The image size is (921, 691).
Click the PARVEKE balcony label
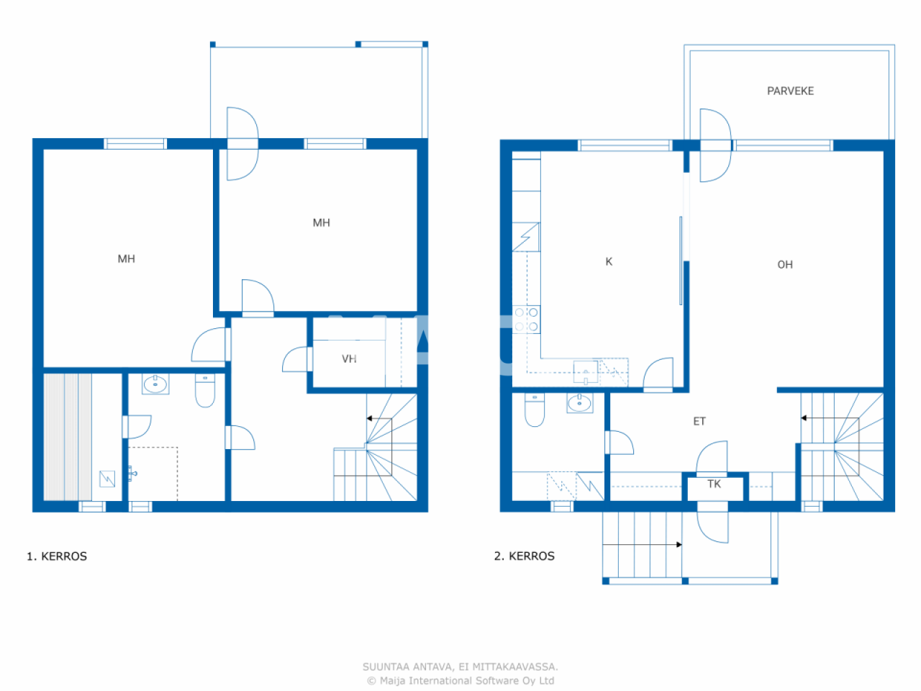tap(790, 91)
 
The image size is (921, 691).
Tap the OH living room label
tap(785, 264)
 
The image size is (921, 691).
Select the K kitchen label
tap(609, 261)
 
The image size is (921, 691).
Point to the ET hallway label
tap(699, 421)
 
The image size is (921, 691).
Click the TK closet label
tap(714, 484)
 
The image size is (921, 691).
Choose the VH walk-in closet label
tap(349, 358)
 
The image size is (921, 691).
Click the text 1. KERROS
tap(57, 556)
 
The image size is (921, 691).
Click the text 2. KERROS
tap(525, 556)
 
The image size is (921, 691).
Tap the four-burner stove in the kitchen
tap(527, 320)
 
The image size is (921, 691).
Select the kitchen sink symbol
tap(586, 373)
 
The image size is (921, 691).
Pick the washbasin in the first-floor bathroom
tap(155, 384)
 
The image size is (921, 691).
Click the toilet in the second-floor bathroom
tap(535, 410)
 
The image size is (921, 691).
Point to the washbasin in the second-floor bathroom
tap(580, 403)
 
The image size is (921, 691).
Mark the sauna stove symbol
tap(107, 478)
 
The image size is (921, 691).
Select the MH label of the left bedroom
tap(126, 258)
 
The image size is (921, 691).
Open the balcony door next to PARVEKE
tap(714, 145)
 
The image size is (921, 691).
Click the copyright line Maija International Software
tap(460, 680)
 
